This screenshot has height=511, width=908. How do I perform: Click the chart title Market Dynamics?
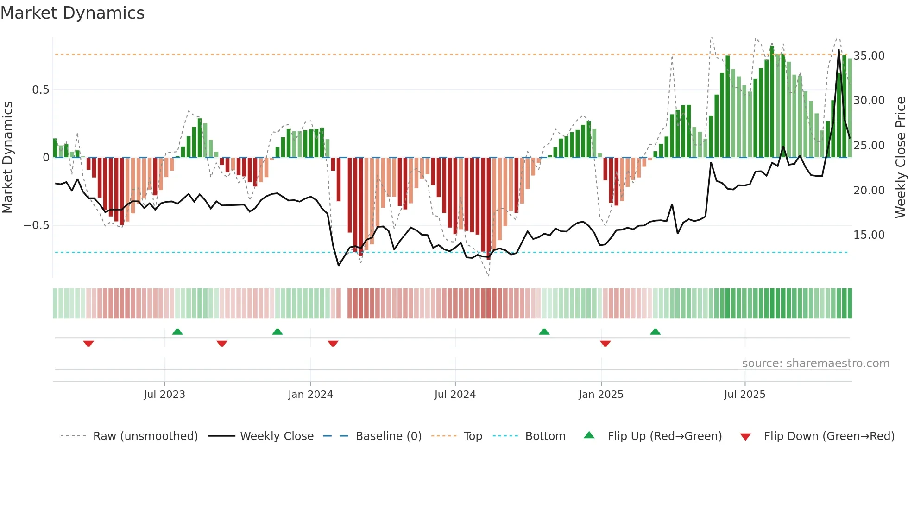click(72, 13)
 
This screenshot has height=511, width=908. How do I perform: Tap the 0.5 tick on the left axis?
click(40, 90)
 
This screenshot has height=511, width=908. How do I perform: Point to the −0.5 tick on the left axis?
click(37, 225)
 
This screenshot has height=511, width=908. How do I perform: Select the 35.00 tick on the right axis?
click(869, 56)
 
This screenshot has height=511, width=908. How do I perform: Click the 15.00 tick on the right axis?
click(869, 235)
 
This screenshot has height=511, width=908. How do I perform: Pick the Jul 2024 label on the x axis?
click(455, 395)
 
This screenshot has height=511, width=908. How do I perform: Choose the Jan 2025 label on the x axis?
click(601, 395)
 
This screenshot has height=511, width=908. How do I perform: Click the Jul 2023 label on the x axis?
click(164, 395)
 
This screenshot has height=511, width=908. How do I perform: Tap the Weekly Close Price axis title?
click(900, 157)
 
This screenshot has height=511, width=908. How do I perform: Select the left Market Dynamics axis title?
click(7, 157)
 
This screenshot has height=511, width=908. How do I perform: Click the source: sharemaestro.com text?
click(815, 364)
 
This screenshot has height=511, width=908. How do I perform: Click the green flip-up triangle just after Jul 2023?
click(177, 332)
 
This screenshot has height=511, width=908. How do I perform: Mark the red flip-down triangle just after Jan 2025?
click(605, 344)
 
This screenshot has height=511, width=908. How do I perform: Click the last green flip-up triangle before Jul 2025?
click(655, 332)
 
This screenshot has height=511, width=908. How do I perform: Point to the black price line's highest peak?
click(839, 50)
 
